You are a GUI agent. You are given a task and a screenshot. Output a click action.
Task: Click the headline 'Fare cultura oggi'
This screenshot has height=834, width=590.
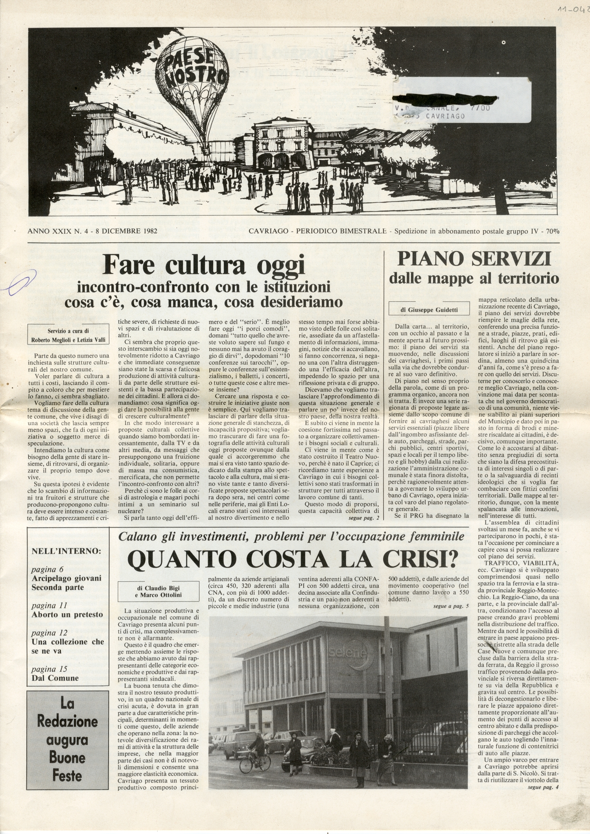click(x=203, y=266)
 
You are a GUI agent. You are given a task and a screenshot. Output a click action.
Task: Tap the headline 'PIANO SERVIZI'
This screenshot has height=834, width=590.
click(x=474, y=260)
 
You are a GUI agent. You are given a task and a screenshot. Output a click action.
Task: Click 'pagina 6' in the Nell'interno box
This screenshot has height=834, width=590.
click(x=48, y=569)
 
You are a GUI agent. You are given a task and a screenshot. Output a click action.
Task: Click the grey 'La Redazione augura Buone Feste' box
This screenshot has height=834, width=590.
click(x=68, y=733)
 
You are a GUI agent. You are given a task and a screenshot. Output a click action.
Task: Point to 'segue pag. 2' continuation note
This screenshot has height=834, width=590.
click(x=364, y=518)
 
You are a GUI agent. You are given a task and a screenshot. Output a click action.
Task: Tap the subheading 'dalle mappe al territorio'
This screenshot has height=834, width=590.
click(x=474, y=279)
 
